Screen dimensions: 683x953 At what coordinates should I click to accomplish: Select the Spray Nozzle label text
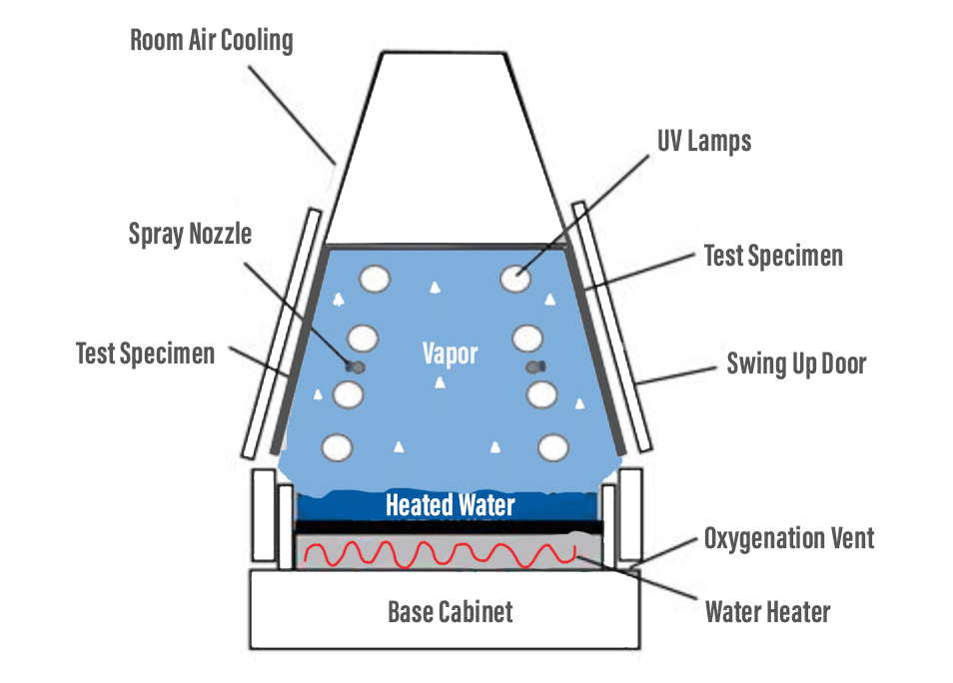pyautogui.click(x=190, y=235)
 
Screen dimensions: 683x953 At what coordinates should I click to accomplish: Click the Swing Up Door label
pyautogui.click(x=795, y=361)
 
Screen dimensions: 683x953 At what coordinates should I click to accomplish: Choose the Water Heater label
pyautogui.click(x=767, y=611)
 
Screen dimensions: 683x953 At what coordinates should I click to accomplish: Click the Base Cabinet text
pyautogui.click(x=451, y=611)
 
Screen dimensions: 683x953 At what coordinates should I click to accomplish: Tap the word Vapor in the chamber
pyautogui.click(x=450, y=353)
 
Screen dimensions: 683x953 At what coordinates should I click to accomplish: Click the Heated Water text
pyautogui.click(x=451, y=505)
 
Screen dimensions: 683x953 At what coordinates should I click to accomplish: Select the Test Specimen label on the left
pyautogui.click(x=145, y=353)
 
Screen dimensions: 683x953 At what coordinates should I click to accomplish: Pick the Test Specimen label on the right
pyautogui.click(x=773, y=256)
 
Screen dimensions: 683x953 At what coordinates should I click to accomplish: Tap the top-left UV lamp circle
pyautogui.click(x=376, y=279)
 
